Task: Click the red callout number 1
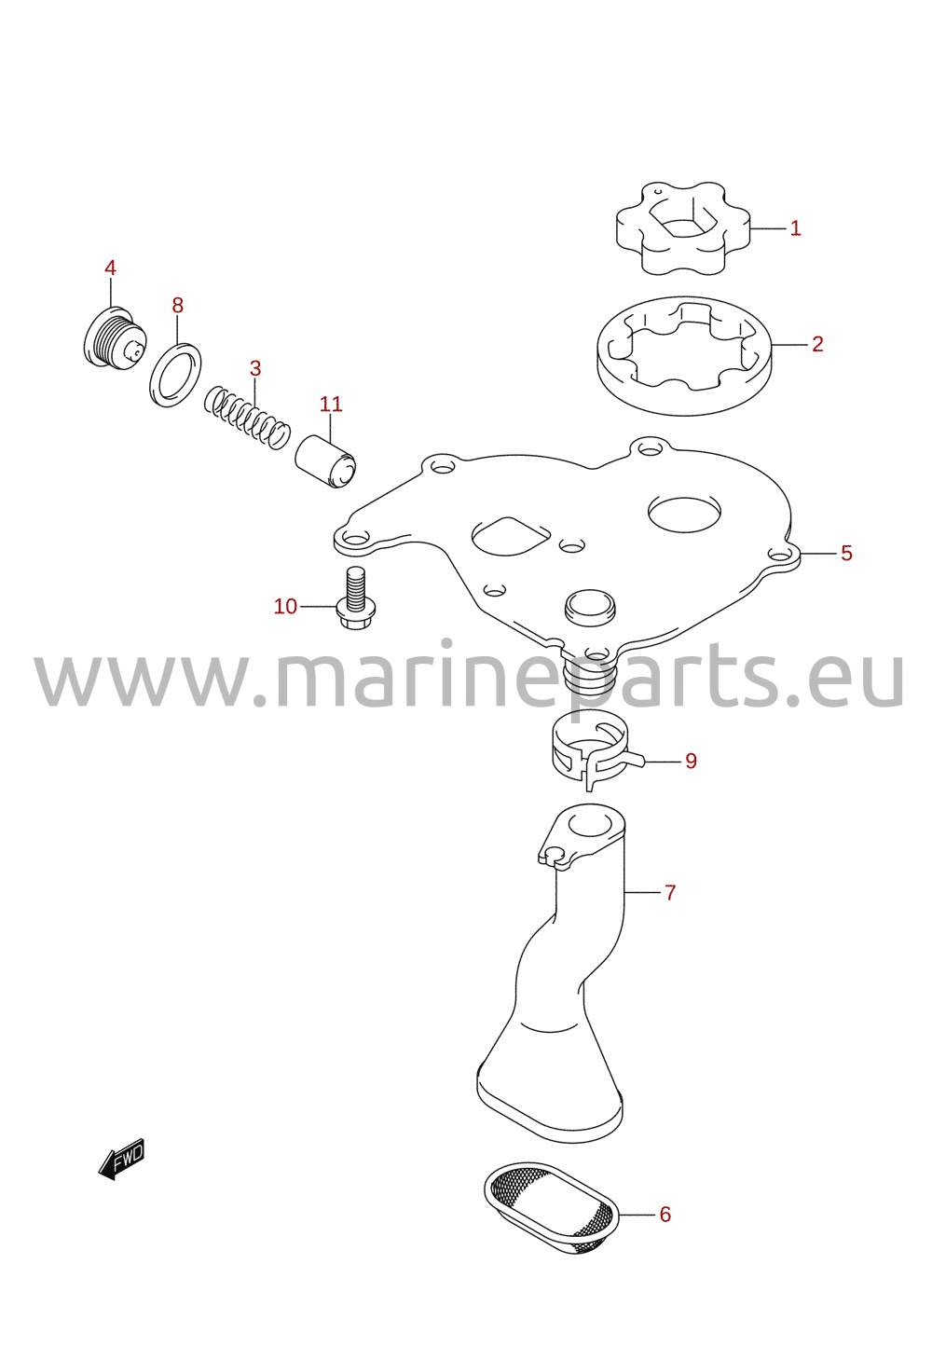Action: (795, 228)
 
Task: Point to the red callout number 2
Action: (817, 344)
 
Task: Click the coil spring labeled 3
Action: (246, 419)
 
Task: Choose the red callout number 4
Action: (110, 268)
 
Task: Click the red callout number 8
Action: (177, 305)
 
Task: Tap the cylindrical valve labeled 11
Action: (325, 461)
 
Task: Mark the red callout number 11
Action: (331, 404)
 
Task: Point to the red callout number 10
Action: (285, 606)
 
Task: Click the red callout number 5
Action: (846, 553)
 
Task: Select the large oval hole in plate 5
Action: (684, 514)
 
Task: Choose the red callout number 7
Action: (670, 892)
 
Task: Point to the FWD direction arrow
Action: (121, 1159)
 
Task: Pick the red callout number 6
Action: (665, 1215)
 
